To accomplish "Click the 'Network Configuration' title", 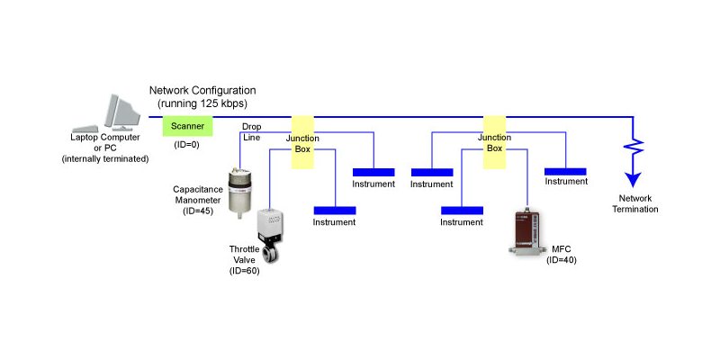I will [202, 91].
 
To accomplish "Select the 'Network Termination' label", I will [635, 203].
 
